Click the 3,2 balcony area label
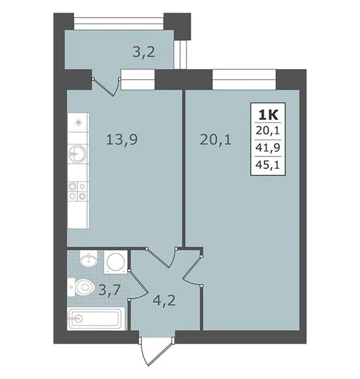pos(143,52)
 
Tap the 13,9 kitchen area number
pos(122,139)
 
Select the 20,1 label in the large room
pos(215,139)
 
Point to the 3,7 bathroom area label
pos(109,290)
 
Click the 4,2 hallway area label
pos(164,300)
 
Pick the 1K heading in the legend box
pos(268,115)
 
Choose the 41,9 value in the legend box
pos(268,148)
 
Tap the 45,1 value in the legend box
pos(268,165)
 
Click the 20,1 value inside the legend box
pos(268,131)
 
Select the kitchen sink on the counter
pos(77,153)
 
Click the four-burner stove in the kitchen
pos(77,191)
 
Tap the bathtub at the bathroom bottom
pos(96,319)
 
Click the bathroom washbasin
pos(89,259)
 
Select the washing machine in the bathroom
pos(116,262)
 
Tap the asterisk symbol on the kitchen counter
pos(79,123)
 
